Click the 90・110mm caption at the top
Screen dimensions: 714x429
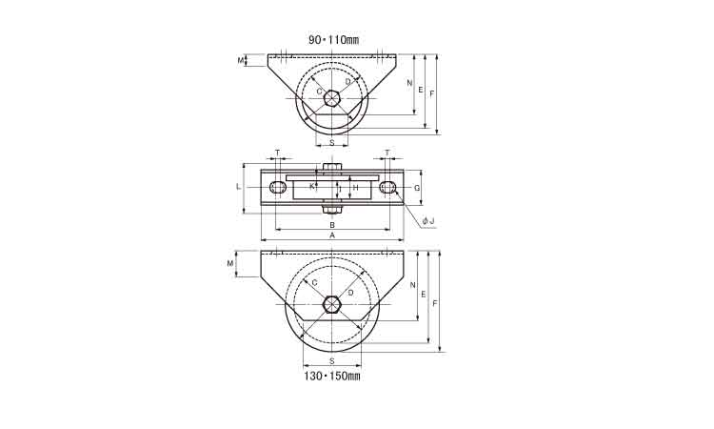pyautogui.click(x=334, y=40)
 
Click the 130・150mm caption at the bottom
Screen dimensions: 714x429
pyautogui.click(x=332, y=377)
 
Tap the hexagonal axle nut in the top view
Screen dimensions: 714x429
pyautogui.click(x=331, y=98)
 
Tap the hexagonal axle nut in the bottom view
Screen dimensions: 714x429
pyautogui.click(x=332, y=304)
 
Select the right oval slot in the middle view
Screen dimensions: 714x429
pyautogui.click(x=387, y=188)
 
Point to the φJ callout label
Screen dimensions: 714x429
pyautogui.click(x=428, y=221)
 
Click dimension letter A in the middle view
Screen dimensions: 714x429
pyautogui.click(x=332, y=235)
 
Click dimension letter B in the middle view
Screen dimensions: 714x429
pyautogui.click(x=332, y=225)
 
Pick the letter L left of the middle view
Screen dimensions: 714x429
pyautogui.click(x=238, y=187)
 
